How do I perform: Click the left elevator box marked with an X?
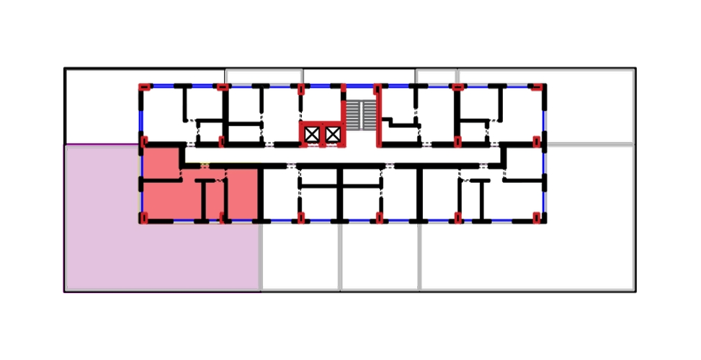click(x=312, y=134)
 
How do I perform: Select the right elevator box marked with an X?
click(x=332, y=134)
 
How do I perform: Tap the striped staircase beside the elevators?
click(x=359, y=115)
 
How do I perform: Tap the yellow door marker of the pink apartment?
click(x=205, y=166)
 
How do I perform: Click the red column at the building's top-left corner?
click(x=143, y=86)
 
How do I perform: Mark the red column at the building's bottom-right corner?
click(x=537, y=218)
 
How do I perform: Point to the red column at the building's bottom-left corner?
click(x=143, y=218)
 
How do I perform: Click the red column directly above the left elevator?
click(x=300, y=88)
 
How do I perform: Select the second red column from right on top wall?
click(x=457, y=87)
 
